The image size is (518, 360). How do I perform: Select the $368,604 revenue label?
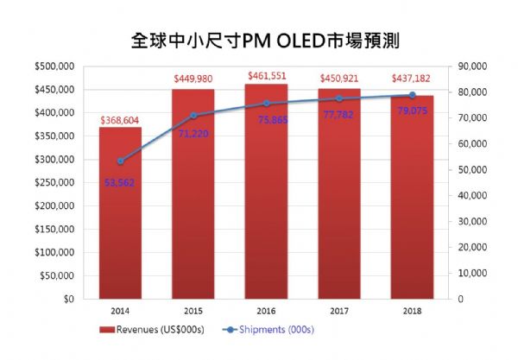121,121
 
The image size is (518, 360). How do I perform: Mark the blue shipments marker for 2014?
121,161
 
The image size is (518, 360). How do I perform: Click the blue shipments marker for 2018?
413,95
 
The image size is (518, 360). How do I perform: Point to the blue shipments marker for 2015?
193,116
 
